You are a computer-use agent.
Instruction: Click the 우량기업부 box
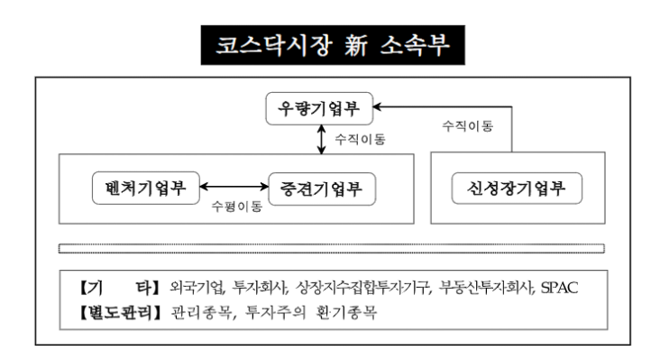tap(319, 110)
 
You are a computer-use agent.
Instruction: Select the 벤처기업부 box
tap(144, 189)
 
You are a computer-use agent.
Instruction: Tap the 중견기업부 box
tap(322, 189)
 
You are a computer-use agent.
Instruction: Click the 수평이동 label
tap(236, 206)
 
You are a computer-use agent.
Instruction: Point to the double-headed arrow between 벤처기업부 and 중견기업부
tap(234, 188)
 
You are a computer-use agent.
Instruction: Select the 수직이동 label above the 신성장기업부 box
tap(466, 126)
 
